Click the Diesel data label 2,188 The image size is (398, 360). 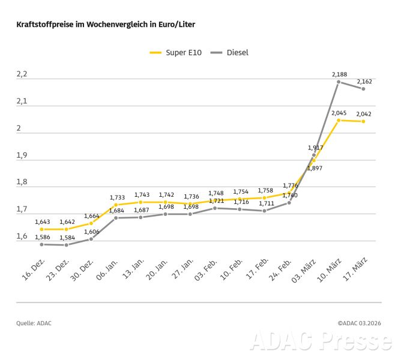tap(339, 74)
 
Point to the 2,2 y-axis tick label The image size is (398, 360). tap(22, 74)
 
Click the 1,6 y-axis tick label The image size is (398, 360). tap(22, 236)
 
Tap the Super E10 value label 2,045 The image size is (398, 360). tap(339, 113)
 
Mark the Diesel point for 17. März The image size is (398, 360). tap(363, 89)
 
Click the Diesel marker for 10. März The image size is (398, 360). tap(339, 82)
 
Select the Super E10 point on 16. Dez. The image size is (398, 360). tap(42, 229)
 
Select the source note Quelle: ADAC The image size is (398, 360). tap(34, 323)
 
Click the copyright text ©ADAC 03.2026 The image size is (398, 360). tap(358, 323)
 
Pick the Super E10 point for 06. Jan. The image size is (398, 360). tap(116, 205)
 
